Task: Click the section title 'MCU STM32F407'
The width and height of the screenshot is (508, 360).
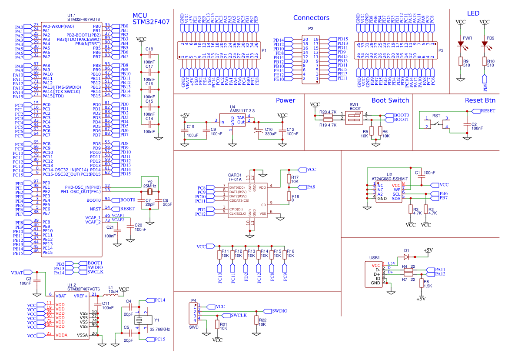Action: coord(151,18)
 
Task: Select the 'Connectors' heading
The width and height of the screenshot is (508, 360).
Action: coord(311,18)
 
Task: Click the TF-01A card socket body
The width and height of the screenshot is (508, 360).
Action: coord(248,200)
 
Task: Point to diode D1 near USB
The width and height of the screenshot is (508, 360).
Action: coord(406,257)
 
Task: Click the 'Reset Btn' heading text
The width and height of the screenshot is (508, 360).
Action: coord(480,100)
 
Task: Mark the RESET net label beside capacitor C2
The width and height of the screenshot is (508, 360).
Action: coord(487,111)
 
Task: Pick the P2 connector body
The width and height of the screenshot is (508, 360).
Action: coord(311,59)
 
